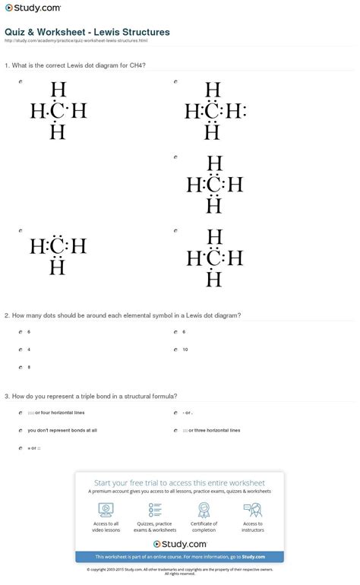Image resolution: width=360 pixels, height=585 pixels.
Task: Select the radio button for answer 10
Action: coord(175,349)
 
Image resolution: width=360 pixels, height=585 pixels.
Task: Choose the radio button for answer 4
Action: coord(20,349)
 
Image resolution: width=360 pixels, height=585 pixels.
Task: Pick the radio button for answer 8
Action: coord(20,367)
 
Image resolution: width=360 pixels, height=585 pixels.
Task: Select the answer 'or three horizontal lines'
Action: coord(214,430)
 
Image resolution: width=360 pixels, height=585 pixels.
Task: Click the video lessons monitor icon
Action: coord(106,509)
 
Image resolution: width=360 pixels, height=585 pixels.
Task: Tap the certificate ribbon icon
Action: coord(204,509)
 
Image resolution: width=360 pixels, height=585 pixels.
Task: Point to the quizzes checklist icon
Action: coord(155,509)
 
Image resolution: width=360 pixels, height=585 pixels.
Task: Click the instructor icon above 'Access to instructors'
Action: coord(253,509)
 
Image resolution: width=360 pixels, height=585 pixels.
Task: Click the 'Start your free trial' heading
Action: coord(179,482)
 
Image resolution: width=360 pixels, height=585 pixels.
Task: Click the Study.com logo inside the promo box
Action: coord(179,544)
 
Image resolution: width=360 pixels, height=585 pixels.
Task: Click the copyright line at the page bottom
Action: coord(180,570)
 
